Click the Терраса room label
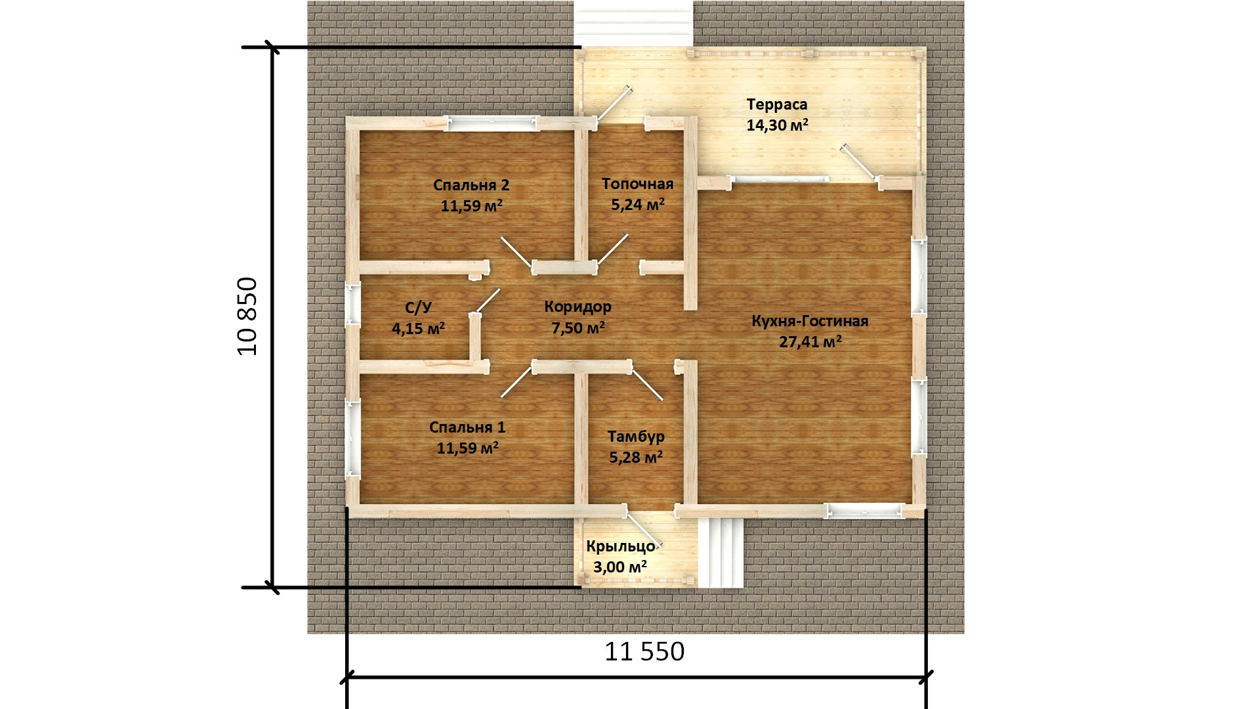click(x=777, y=105)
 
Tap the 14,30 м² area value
click(x=777, y=125)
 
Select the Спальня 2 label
click(x=471, y=185)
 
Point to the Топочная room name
click(x=637, y=184)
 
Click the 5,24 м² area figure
click(x=638, y=204)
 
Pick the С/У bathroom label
click(x=418, y=307)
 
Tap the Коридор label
click(x=577, y=307)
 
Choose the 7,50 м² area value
click(x=578, y=328)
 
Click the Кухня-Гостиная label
click(x=810, y=321)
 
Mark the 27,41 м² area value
click(x=810, y=341)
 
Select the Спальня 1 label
click(x=467, y=427)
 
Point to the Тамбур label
click(x=636, y=437)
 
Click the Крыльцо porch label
click(x=621, y=546)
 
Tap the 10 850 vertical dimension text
click(x=247, y=317)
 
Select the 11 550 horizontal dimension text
click(x=644, y=651)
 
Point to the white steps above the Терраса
click(x=633, y=24)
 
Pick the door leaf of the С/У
click(x=487, y=301)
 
